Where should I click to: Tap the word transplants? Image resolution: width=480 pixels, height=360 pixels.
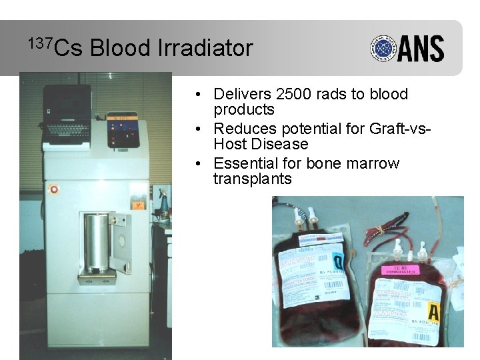[252, 179]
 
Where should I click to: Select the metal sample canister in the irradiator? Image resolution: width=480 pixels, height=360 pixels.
[97, 243]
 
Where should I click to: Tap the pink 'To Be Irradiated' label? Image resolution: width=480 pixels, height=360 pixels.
[399, 270]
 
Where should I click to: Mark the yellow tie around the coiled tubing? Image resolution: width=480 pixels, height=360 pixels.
[384, 229]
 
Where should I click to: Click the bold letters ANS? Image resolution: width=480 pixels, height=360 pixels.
[421, 49]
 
